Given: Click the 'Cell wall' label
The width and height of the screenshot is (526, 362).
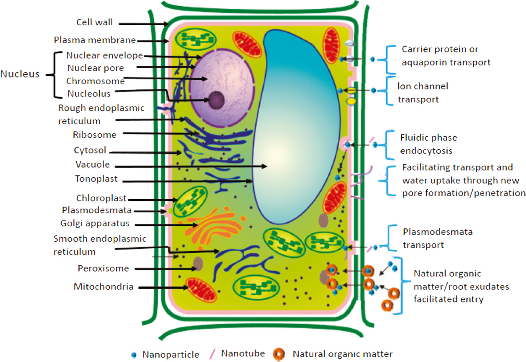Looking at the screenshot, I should [95, 22].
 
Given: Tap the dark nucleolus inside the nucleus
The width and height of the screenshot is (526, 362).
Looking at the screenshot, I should [216, 100].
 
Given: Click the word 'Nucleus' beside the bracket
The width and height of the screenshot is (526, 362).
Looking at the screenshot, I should [20, 74].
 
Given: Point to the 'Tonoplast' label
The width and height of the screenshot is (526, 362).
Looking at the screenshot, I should [96, 179].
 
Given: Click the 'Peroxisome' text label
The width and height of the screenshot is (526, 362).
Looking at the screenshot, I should [103, 268].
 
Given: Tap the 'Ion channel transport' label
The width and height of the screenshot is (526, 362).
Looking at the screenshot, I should [423, 93].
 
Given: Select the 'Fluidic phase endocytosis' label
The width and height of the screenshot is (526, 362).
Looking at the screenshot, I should [428, 144].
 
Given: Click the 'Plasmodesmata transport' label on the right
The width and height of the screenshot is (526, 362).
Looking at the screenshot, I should [437, 238].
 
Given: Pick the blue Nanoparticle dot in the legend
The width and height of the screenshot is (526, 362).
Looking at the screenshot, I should [134, 355].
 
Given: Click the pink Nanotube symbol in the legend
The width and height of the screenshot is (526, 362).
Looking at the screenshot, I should [212, 354].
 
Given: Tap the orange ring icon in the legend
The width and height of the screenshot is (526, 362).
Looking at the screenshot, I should [279, 354].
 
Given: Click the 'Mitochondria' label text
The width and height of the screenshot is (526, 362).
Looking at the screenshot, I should [103, 287].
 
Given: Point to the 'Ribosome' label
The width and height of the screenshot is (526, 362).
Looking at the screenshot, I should [95, 135].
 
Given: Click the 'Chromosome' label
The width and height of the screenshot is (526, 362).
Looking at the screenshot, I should [95, 81].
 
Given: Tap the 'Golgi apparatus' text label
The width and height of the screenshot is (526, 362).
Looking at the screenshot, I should [95, 223].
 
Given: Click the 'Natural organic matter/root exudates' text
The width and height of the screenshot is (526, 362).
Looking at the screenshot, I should [461, 286].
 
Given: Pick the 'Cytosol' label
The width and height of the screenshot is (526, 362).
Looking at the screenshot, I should [90, 150].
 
